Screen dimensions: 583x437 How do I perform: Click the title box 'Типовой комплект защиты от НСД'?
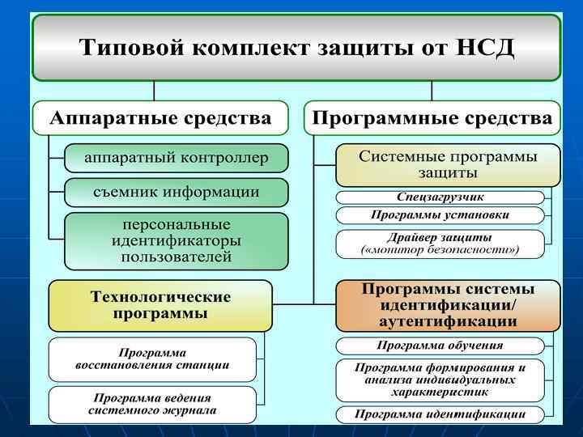[296, 47]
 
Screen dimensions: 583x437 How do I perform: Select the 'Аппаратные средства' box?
[160, 118]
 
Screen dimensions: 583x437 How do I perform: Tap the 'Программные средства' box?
[432, 118]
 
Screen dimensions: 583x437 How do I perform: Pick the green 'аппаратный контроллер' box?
[176, 158]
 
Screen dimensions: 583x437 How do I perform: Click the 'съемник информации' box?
[176, 193]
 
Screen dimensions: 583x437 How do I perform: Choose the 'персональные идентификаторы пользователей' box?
[176, 240]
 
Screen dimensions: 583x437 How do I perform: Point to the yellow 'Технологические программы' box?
[160, 305]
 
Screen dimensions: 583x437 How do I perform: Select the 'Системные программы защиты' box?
[448, 165]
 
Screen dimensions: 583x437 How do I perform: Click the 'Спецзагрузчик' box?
[440, 197]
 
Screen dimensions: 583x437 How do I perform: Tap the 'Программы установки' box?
[440, 215]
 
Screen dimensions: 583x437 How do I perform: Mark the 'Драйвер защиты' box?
[440, 244]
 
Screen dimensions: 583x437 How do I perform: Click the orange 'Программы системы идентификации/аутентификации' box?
[448, 305]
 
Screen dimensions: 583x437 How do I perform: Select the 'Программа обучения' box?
[440, 345]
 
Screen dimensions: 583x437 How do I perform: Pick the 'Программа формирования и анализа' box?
[440, 380]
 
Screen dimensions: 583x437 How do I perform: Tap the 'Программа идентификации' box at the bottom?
[440, 414]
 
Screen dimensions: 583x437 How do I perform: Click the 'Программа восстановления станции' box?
[152, 359]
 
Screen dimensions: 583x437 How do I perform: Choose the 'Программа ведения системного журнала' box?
[152, 404]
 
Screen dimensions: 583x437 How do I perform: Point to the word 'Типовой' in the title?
[130, 47]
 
